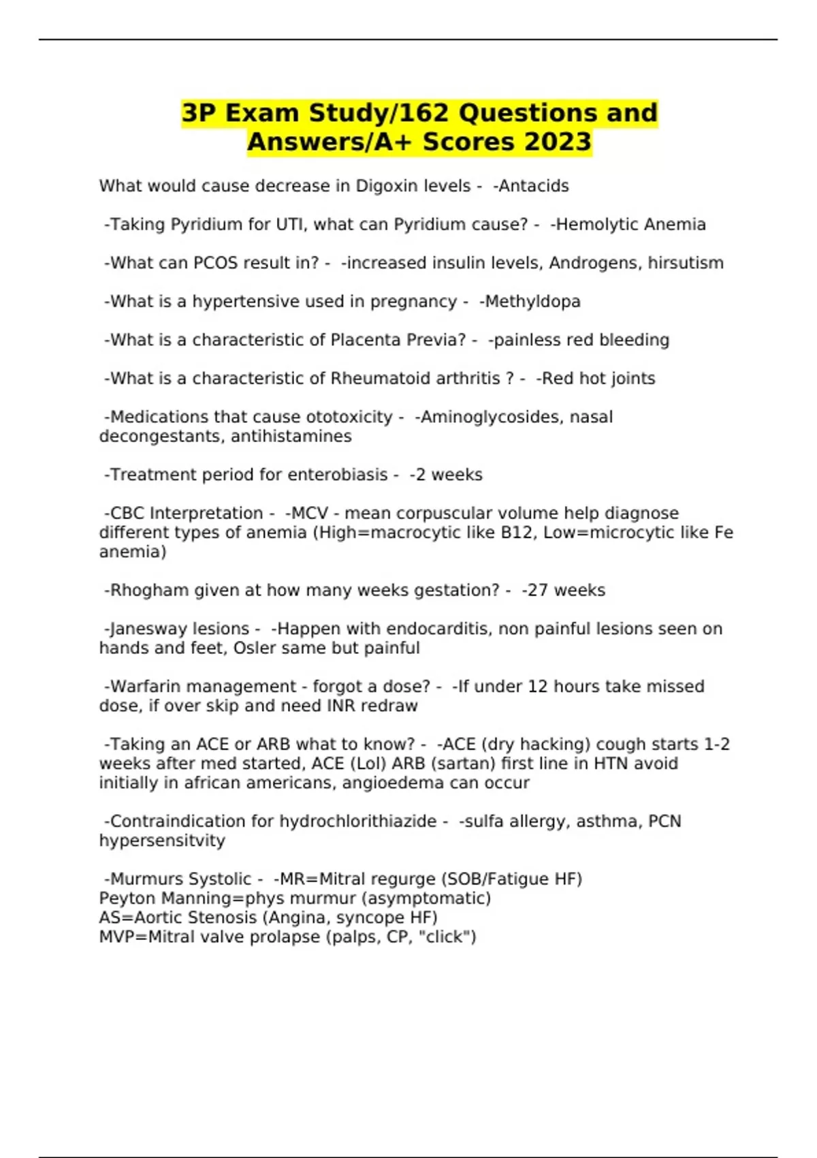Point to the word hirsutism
click(686, 263)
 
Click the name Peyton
click(124, 898)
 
